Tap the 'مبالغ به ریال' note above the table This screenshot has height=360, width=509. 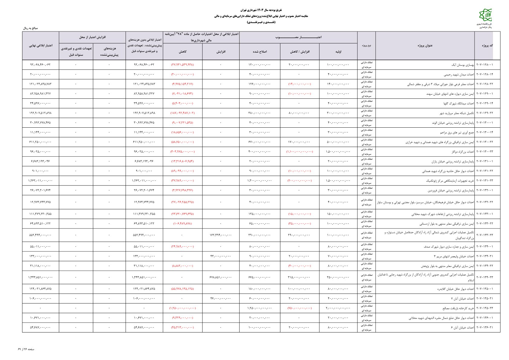pyautogui.click(x=30, y=28)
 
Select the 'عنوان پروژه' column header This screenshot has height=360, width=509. pyautogui.click(x=425, y=46)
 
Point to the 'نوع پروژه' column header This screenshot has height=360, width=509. pyautogui.click(x=366, y=46)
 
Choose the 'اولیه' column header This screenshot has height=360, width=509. pyautogui.click(x=338, y=52)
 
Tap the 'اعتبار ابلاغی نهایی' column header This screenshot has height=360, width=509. pyautogui.click(x=41, y=46)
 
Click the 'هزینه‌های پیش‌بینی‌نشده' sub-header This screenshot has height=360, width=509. pyautogui.click(x=109, y=52)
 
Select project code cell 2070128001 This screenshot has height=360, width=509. pyautogui.click(x=484, y=65)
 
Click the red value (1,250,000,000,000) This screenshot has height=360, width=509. pyautogui.click(x=182, y=308)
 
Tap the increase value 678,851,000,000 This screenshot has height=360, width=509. pyautogui.click(x=220, y=277)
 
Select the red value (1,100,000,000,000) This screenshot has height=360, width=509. pyautogui.click(x=299, y=152)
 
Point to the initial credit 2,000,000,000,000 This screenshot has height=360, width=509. pyautogui.click(x=338, y=308)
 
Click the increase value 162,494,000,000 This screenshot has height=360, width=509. pyautogui.click(x=220, y=235)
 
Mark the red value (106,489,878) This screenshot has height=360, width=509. pyautogui.click(x=182, y=224)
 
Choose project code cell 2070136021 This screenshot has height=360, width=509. pyautogui.click(x=484, y=328)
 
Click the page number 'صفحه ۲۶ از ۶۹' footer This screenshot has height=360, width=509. pyautogui.click(x=26, y=349)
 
